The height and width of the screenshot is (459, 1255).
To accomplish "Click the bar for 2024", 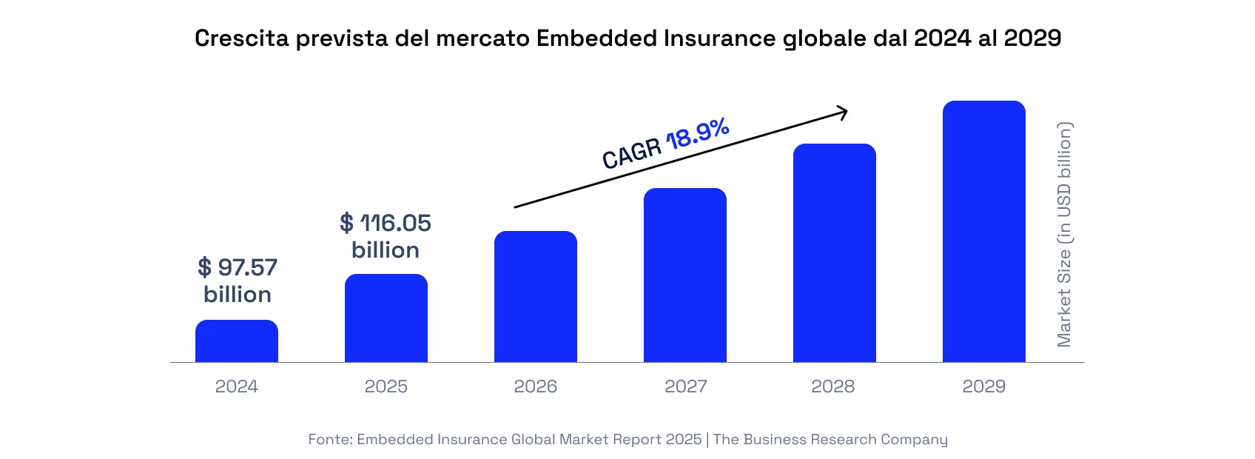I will click(237, 341).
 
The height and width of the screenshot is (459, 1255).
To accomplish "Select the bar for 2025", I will click(386, 318).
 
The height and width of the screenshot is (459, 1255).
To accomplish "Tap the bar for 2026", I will click(536, 297).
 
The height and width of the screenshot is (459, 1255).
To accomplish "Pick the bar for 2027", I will click(685, 275).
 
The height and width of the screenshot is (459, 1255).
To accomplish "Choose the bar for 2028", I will click(835, 253).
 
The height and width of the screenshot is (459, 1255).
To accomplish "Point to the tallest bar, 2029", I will click(984, 232).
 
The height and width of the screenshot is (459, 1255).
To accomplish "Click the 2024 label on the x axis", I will click(237, 386).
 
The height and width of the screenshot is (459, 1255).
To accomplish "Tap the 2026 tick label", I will click(536, 386).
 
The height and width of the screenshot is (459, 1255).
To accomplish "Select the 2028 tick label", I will click(833, 386).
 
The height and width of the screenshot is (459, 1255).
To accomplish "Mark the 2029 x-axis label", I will click(984, 386).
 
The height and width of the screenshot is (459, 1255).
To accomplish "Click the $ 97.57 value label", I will click(238, 267).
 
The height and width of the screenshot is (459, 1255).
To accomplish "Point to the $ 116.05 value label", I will click(386, 223).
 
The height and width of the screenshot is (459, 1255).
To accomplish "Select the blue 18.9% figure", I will click(698, 133).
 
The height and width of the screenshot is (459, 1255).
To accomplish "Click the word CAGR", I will click(631, 153).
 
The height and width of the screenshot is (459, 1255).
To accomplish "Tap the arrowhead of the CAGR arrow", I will click(842, 113).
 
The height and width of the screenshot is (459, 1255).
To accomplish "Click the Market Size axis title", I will click(1064, 235).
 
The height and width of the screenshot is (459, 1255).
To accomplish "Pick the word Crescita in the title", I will click(242, 38).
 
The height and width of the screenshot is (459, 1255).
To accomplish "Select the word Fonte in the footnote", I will click(329, 440).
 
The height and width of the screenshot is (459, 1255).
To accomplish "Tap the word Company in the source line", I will click(914, 440).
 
